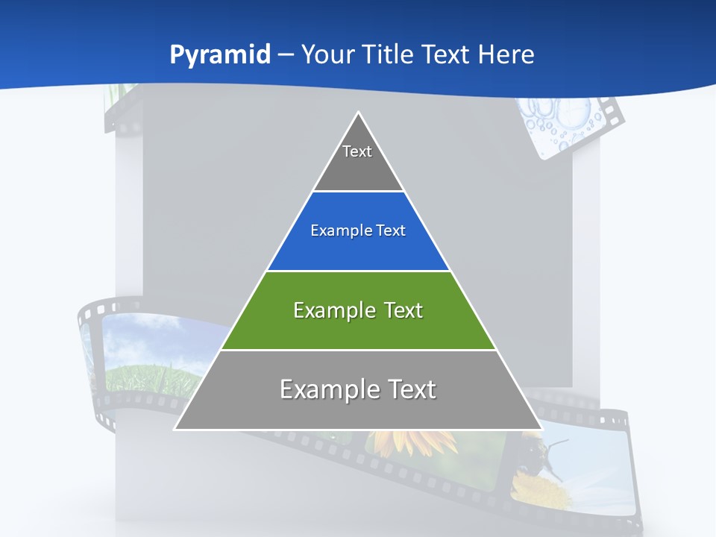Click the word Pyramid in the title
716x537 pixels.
pos(219,55)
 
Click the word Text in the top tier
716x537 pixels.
pos(357,151)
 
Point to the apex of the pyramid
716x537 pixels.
pos(359,113)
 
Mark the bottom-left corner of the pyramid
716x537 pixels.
pos(175,429)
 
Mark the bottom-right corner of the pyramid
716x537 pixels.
pos(541,429)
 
